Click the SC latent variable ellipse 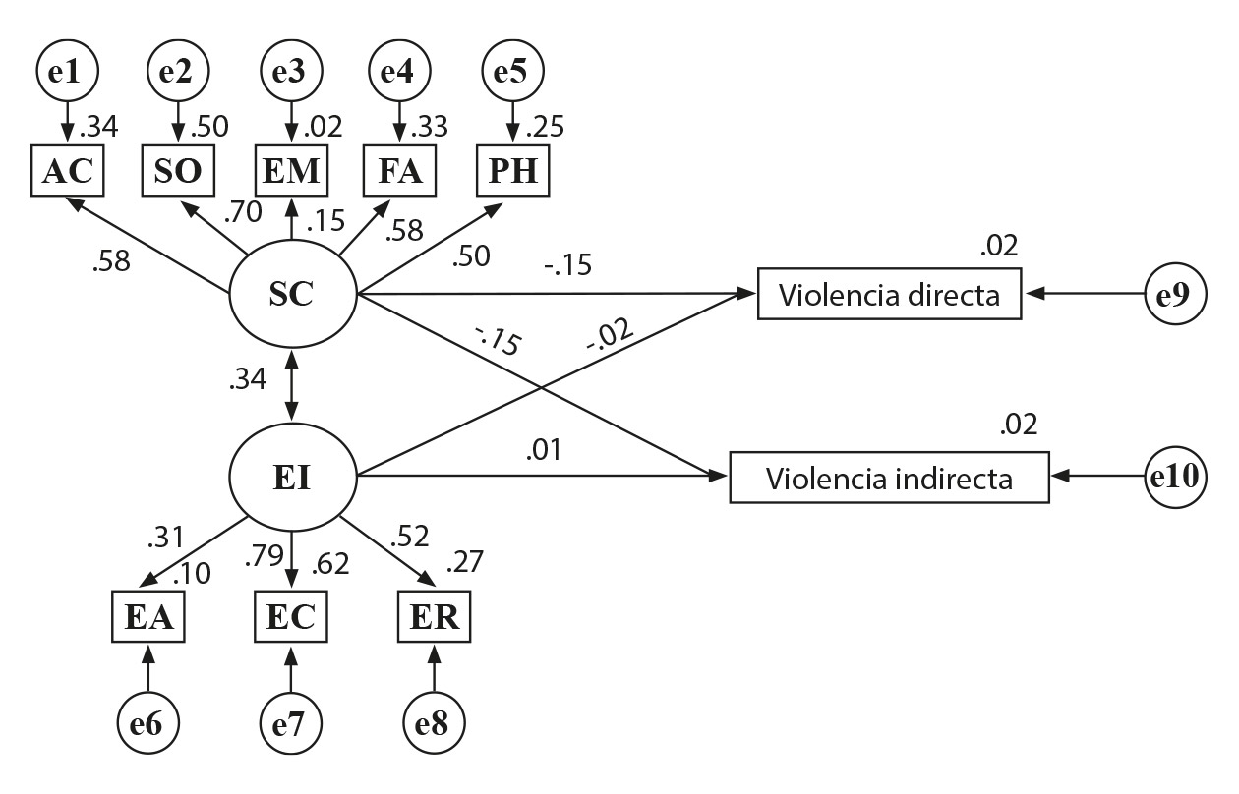click(292, 293)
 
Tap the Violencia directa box click(889, 293)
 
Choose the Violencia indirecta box click(889, 479)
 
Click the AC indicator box click(67, 171)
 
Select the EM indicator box click(291, 171)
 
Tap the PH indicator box click(512, 171)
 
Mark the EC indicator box click(291, 617)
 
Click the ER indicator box click(434, 617)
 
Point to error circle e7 click(291, 725)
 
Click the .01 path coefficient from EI click(543, 451)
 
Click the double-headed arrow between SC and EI click(292, 386)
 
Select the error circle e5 click(511, 71)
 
